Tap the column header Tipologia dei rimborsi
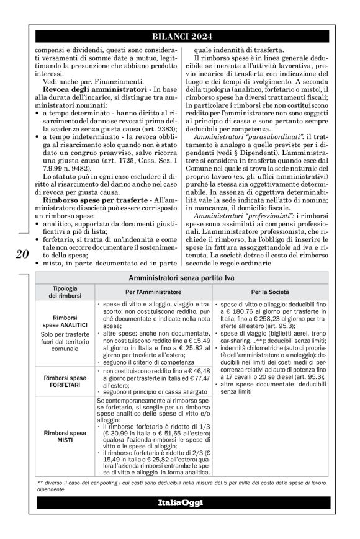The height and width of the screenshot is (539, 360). [65, 291]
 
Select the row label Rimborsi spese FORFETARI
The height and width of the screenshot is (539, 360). [65, 380]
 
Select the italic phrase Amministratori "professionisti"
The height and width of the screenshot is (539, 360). [233, 215]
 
